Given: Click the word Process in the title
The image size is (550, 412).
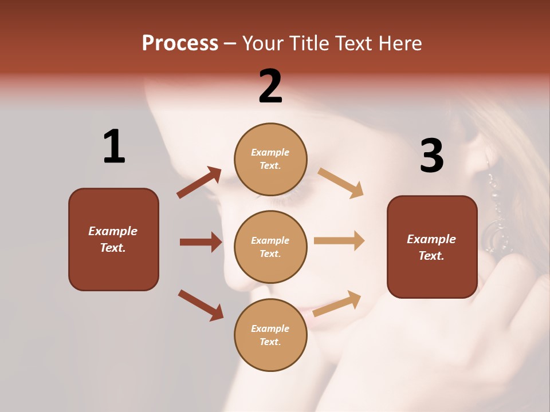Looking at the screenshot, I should pos(180,43).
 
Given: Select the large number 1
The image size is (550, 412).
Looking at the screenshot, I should pos(114,146).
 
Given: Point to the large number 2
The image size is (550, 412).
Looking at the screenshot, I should pos(270,86).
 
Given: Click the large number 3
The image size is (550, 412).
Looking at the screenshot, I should pos(431,156).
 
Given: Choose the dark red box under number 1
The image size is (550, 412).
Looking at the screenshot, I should pos(113,239).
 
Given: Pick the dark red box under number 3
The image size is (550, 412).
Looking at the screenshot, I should pos(432,247).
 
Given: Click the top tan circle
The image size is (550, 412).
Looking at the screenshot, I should pos(270,159).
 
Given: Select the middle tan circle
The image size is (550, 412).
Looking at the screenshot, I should pos(270,247).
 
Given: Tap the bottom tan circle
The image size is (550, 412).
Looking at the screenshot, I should pos(270,335).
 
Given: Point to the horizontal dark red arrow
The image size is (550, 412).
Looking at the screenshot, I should pos(201,242).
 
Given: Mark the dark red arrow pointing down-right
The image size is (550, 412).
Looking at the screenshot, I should pos(201,305).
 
